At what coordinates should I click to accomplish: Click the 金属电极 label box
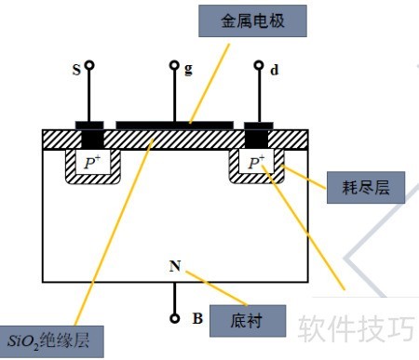[x=252, y=21]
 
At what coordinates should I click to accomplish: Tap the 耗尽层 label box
[x=366, y=188]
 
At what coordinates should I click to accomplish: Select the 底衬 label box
[x=248, y=321]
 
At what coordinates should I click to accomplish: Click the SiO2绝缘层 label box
[x=51, y=341]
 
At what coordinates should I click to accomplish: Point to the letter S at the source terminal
[x=76, y=70]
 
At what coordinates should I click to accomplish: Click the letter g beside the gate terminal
[x=188, y=70]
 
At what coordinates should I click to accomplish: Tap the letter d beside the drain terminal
[x=275, y=70]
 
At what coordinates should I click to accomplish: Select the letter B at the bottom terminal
[x=197, y=318]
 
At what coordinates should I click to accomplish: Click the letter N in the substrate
[x=175, y=266]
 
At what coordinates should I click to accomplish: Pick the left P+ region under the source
[x=93, y=162]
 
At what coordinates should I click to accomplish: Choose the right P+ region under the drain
[x=256, y=161]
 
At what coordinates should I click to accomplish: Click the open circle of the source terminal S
[x=89, y=65]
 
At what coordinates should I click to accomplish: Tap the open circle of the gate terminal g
[x=174, y=65]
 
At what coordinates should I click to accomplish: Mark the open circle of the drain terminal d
[x=259, y=65]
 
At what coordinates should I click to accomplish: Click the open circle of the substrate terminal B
[x=175, y=318]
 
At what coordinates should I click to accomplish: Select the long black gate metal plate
[x=174, y=126]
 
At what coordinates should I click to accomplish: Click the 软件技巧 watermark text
[x=357, y=328]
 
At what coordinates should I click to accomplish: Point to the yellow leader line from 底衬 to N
[x=217, y=288]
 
